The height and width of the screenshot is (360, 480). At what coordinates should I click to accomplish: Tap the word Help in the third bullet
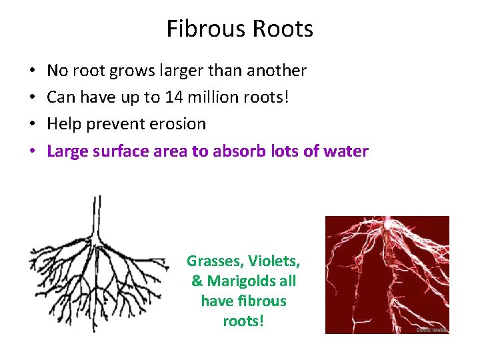(x=63, y=124)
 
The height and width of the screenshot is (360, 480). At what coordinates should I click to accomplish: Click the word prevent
(x=115, y=124)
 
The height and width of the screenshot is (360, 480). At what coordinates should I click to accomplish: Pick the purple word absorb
(x=241, y=151)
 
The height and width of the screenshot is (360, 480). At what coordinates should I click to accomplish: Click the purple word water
(x=345, y=151)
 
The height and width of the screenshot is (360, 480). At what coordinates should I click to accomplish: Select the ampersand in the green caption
(x=197, y=281)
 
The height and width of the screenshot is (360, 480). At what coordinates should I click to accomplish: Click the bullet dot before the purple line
(x=32, y=151)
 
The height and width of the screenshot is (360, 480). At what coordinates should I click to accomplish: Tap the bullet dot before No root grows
(x=32, y=71)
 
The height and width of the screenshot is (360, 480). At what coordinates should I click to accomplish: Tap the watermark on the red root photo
(x=431, y=329)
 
